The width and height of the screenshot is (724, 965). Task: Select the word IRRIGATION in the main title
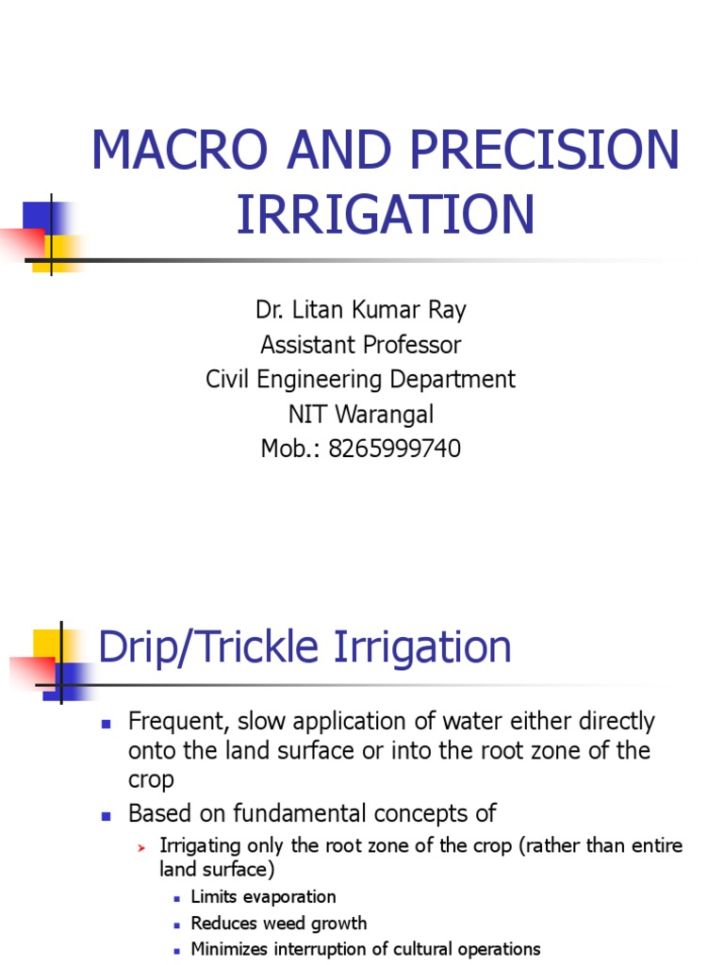386,214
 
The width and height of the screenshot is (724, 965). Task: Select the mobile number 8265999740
394,450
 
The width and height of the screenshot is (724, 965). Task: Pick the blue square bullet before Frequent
107,724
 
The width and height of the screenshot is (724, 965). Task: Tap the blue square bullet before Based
107,814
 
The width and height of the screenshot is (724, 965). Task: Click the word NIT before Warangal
315,415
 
